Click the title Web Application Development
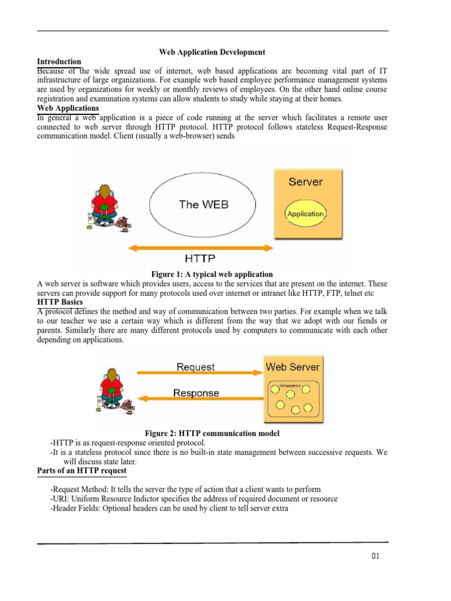[x=212, y=52]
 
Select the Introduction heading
[x=59, y=62]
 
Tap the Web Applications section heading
[x=68, y=109]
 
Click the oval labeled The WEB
[x=203, y=205]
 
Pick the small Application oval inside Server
[x=305, y=214]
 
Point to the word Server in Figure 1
[x=305, y=182]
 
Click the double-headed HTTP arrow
[x=200, y=249]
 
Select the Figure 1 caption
[x=212, y=274]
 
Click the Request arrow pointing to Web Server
[x=200, y=373]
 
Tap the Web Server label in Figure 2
[x=292, y=367]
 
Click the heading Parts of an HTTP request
[x=82, y=471]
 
